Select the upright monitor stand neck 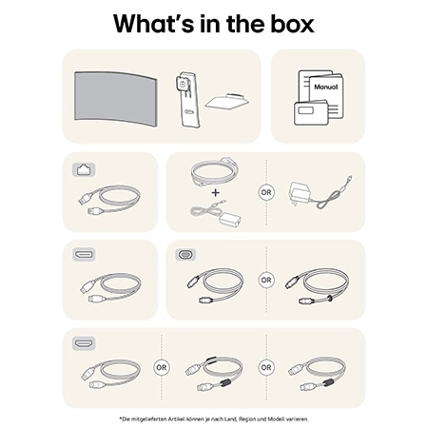(185, 100)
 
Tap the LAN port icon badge (83, 170)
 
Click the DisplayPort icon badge (83, 256)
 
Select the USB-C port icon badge (185, 256)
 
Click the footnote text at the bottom (214, 418)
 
